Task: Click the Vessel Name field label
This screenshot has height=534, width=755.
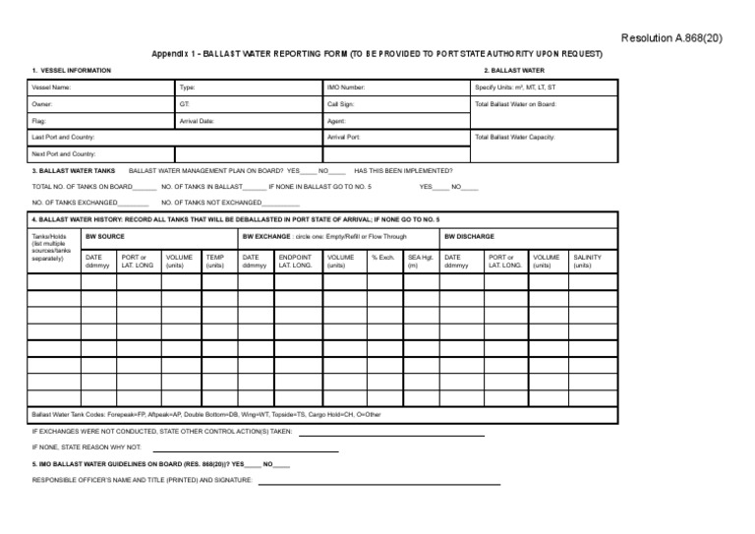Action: [51, 88]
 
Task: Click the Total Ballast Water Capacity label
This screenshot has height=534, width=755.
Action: [514, 137]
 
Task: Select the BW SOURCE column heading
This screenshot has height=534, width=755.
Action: [105, 237]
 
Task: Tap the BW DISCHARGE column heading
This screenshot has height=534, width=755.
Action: [469, 237]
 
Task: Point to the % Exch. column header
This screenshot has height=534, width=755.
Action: [382, 258]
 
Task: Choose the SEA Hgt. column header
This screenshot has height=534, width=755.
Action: [420, 261]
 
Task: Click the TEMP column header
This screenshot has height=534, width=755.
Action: [214, 261]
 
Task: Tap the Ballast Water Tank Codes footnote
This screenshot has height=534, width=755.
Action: [206, 413]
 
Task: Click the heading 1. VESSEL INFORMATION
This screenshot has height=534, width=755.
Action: [72, 71]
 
